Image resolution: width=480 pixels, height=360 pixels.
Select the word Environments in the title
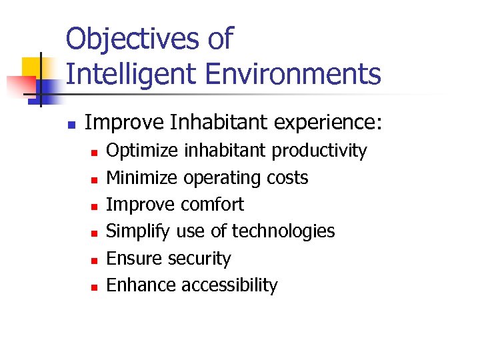[x=293, y=73]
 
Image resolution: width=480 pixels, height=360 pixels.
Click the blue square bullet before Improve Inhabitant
[x=70, y=124]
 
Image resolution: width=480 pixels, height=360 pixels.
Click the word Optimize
[x=142, y=151]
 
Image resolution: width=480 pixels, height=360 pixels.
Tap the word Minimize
[x=143, y=178]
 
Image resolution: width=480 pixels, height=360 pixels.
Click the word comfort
[x=213, y=205]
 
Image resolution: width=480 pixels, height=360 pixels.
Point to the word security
[x=200, y=259]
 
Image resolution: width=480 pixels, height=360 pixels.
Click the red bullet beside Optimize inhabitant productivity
[x=95, y=153]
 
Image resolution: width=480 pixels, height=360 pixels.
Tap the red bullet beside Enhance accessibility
[x=95, y=287]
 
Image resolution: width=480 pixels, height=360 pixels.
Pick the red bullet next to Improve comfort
[x=95, y=206]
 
